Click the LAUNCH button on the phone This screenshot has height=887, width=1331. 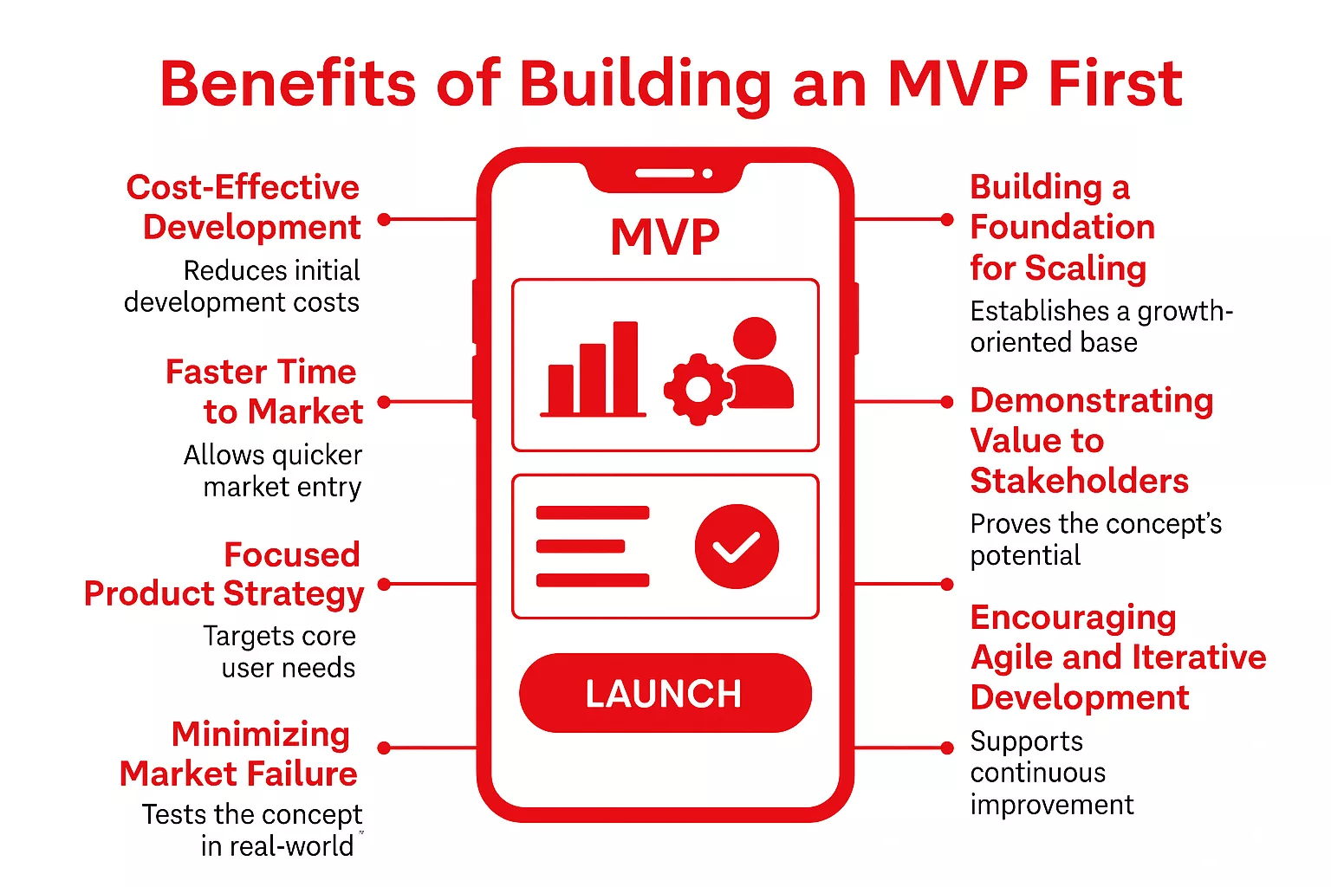click(x=665, y=693)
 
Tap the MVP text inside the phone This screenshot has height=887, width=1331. click(x=665, y=236)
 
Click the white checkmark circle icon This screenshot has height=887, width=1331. click(x=737, y=547)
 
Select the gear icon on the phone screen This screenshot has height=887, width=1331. click(x=698, y=390)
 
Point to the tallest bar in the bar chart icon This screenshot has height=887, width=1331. click(x=626, y=367)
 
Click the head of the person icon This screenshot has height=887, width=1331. click(x=755, y=338)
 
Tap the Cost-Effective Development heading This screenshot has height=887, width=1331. click(x=243, y=207)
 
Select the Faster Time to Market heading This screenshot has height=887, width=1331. click(x=264, y=392)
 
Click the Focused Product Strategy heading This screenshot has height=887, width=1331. click(x=224, y=574)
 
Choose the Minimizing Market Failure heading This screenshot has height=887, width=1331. click(x=239, y=754)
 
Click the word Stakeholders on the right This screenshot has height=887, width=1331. click(x=1079, y=481)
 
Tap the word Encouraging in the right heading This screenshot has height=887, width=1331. click(x=1073, y=618)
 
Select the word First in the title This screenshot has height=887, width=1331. click(x=1115, y=84)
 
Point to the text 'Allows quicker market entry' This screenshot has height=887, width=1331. click(x=274, y=470)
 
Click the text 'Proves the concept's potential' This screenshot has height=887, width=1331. click(x=1095, y=539)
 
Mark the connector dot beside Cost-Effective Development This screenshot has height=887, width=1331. click(x=385, y=220)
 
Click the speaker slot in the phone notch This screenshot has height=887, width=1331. click(x=664, y=173)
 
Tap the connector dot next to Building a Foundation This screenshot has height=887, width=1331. click(x=947, y=220)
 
